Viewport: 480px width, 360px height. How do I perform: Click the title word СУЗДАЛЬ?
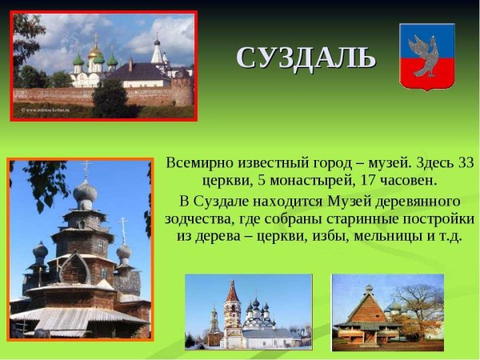(x=306, y=58)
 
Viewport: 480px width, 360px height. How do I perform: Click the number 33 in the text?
(x=465, y=162)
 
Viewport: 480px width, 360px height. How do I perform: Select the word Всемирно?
(x=198, y=162)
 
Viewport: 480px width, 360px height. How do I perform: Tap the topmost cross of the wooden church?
(x=86, y=168)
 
